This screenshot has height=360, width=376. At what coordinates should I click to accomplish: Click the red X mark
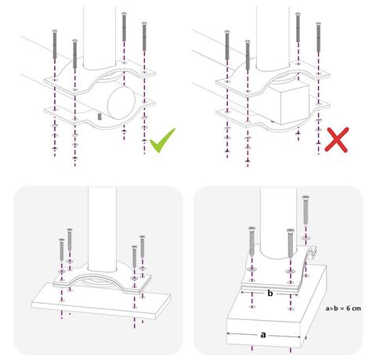click(337, 139)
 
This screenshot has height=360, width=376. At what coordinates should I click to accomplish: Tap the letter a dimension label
click(263, 334)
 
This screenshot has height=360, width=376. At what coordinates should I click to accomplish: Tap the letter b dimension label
click(270, 293)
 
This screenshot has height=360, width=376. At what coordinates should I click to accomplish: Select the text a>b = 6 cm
click(343, 308)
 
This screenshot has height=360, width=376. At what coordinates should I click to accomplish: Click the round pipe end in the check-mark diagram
click(121, 103)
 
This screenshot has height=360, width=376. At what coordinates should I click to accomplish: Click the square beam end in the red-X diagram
click(295, 105)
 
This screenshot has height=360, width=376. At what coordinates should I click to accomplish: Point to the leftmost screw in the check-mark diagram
click(55, 44)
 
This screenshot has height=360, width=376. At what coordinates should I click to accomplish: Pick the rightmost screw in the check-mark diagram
click(144, 36)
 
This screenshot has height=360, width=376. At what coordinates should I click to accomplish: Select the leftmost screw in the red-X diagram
click(227, 45)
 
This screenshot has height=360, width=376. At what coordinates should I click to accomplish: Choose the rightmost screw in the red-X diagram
click(318, 37)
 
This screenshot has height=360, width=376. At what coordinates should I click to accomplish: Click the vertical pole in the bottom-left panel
click(102, 229)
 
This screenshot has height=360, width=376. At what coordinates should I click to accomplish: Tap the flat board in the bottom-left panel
click(101, 301)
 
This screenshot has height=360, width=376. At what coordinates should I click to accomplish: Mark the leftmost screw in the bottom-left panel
click(62, 250)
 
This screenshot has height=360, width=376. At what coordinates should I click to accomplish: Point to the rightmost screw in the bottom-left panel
click(143, 247)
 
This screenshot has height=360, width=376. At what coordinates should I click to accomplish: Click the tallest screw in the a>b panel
click(305, 210)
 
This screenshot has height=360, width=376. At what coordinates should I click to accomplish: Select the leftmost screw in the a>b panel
click(251, 241)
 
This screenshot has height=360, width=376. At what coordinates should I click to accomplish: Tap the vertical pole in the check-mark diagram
click(99, 38)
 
